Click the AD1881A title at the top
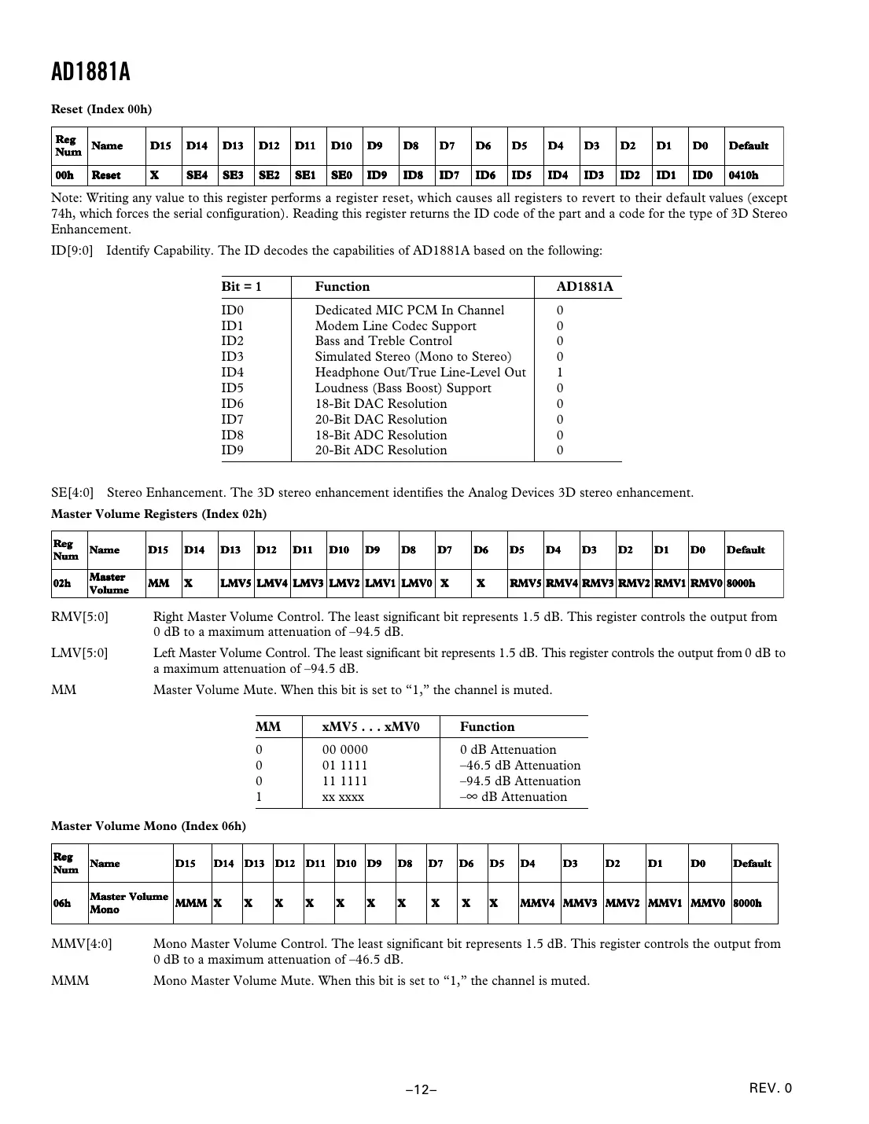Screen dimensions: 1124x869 pos(90,72)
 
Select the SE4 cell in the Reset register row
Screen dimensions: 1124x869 pos(197,175)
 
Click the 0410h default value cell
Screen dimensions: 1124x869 pos(743,175)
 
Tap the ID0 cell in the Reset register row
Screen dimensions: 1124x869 pos(702,175)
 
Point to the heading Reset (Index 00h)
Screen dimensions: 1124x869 pos(101,109)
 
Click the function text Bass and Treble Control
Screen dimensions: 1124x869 pos(383,341)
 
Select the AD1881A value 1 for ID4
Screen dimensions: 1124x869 pos(560,373)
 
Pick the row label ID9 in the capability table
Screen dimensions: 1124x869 pos(233,450)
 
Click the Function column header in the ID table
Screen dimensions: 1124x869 pos(342,287)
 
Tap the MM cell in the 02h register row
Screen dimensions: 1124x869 pos(158,583)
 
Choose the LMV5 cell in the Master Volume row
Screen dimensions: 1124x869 pos(235,583)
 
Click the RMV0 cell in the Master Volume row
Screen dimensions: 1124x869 pos(705,583)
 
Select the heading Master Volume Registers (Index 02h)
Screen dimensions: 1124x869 pos(159,514)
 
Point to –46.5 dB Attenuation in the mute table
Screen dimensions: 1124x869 pos(520,766)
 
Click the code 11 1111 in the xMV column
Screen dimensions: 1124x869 pos(344,781)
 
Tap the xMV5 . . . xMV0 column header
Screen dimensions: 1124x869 pos(370,727)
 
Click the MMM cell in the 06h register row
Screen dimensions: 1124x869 pos(190,903)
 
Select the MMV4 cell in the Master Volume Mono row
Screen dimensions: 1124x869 pos(538,903)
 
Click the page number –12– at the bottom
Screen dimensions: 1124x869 pos(422,1089)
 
